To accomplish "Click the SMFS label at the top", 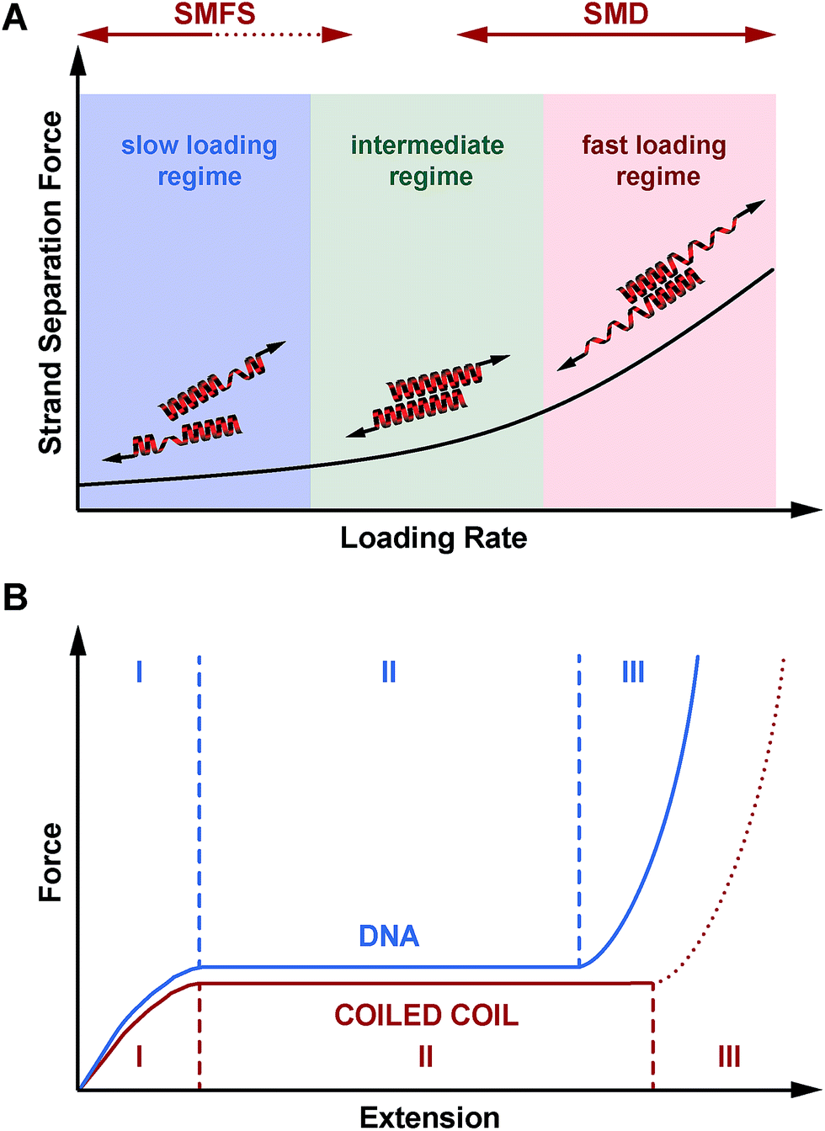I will pyautogui.click(x=215, y=13).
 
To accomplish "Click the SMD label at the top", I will pyautogui.click(x=615, y=13).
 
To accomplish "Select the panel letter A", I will pyautogui.click(x=14, y=18).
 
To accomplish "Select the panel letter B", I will pyautogui.click(x=14, y=597).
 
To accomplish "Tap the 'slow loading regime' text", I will pyautogui.click(x=200, y=161).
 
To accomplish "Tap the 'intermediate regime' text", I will pyautogui.click(x=428, y=161).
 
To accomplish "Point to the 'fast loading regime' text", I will pyautogui.click(x=655, y=161).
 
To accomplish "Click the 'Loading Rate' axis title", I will pyautogui.click(x=434, y=538).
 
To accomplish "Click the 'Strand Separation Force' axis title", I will pyautogui.click(x=51, y=283).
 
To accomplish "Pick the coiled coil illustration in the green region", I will pyautogui.click(x=428, y=394).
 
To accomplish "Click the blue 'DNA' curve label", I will pyautogui.click(x=388, y=936).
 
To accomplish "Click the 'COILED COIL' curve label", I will pyautogui.click(x=426, y=1015).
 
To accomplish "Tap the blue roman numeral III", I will pyautogui.click(x=633, y=672).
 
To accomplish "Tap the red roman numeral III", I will pyautogui.click(x=729, y=1055).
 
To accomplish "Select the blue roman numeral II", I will pyautogui.click(x=388, y=672).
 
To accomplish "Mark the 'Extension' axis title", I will pyautogui.click(x=429, y=1117).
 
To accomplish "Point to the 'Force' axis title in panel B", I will pyautogui.click(x=51, y=863).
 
